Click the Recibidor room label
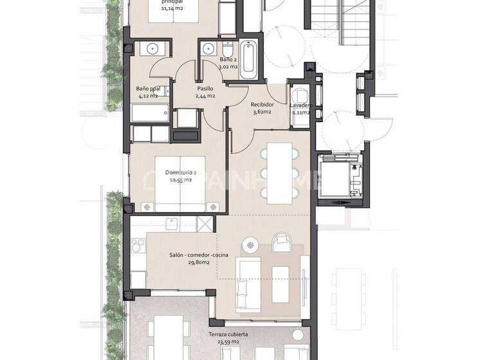[262, 104]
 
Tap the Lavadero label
[300, 104]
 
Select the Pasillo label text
[205, 89]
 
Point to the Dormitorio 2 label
[181, 172]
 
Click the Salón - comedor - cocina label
[199, 255]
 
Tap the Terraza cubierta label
[229, 335]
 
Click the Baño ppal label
[148, 89]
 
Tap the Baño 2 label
[211, 59]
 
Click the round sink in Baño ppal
[152, 49]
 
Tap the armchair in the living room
[281, 241]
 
